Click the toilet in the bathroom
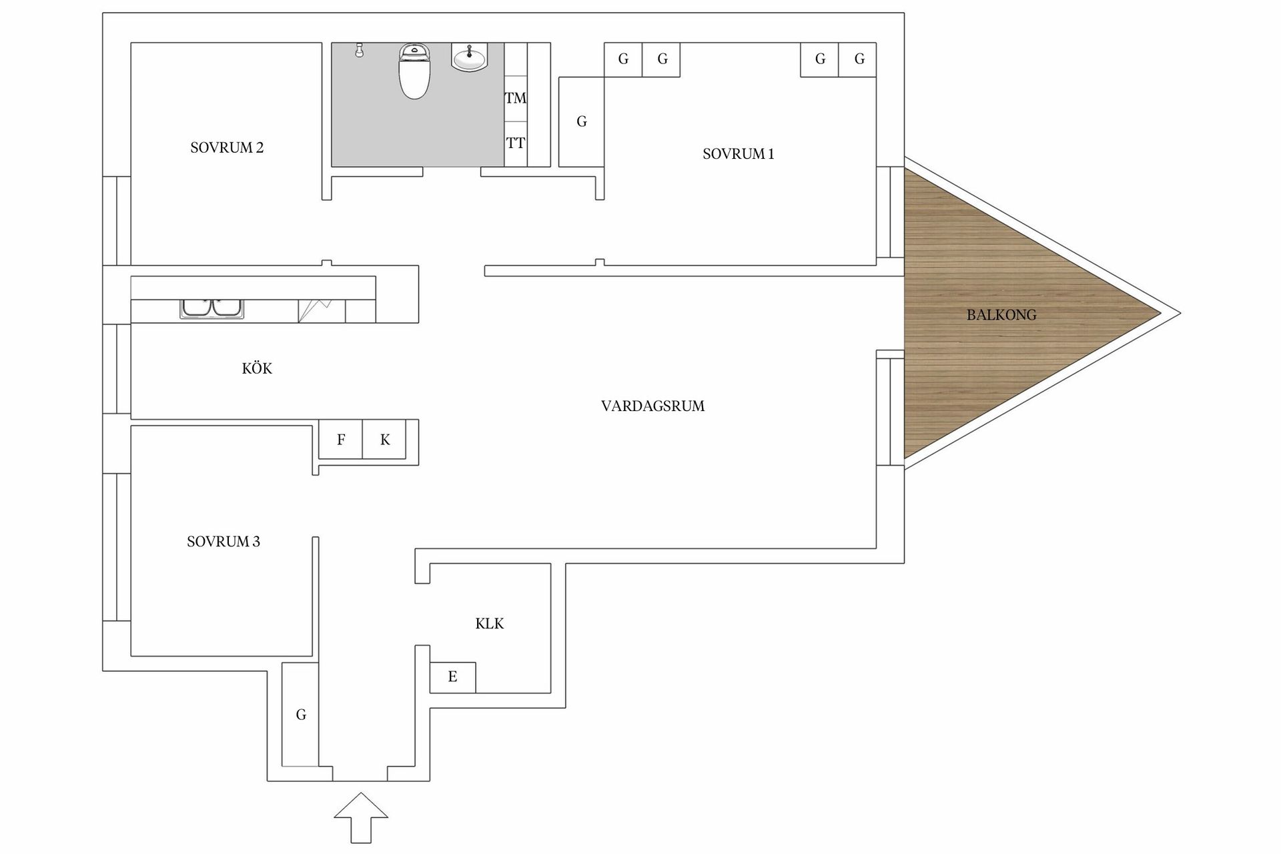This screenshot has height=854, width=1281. [414, 71]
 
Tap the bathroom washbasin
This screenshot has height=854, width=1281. [470, 57]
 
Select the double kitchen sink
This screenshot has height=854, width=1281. [212, 308]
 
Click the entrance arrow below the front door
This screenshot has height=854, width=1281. [361, 817]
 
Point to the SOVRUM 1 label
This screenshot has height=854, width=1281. [738, 154]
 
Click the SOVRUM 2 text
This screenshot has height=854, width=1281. [227, 148]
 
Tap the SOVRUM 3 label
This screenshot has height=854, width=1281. [224, 542]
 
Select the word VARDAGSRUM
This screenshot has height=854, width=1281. [653, 406]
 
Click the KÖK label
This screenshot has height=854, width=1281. [257, 368]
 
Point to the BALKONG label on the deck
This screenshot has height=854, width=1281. [1001, 315]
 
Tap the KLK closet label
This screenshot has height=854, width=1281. [489, 624]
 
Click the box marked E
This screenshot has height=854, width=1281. [452, 677]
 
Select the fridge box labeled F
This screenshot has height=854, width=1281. [341, 440]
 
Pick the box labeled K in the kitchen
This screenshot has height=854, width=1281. [385, 440]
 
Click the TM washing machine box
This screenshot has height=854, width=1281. [515, 98]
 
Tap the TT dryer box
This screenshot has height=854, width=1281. [515, 143]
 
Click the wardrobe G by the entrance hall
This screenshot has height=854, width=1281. [300, 715]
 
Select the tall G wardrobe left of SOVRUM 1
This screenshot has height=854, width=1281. [581, 121]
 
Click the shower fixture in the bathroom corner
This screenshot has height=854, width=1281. [359, 50]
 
